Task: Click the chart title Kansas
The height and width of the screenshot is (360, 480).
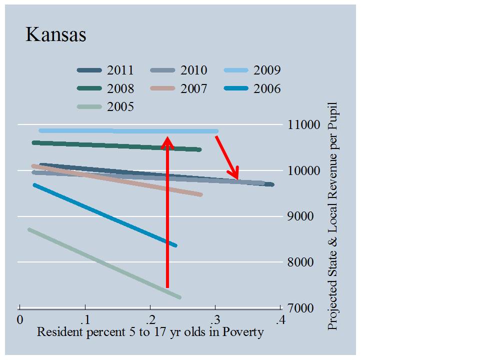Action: tap(55, 35)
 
